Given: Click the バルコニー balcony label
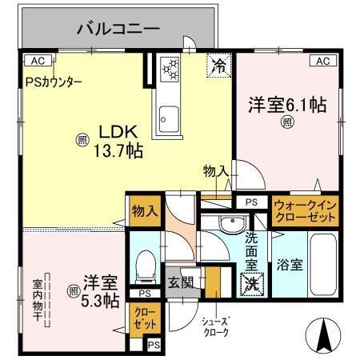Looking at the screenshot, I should pos(118,30).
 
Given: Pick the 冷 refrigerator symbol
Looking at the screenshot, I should pos(217,67).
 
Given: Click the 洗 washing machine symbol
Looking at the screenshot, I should pos(250,281).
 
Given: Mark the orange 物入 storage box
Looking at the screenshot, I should pos(144,211).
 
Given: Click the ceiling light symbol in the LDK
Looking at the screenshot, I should pos(82,138).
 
